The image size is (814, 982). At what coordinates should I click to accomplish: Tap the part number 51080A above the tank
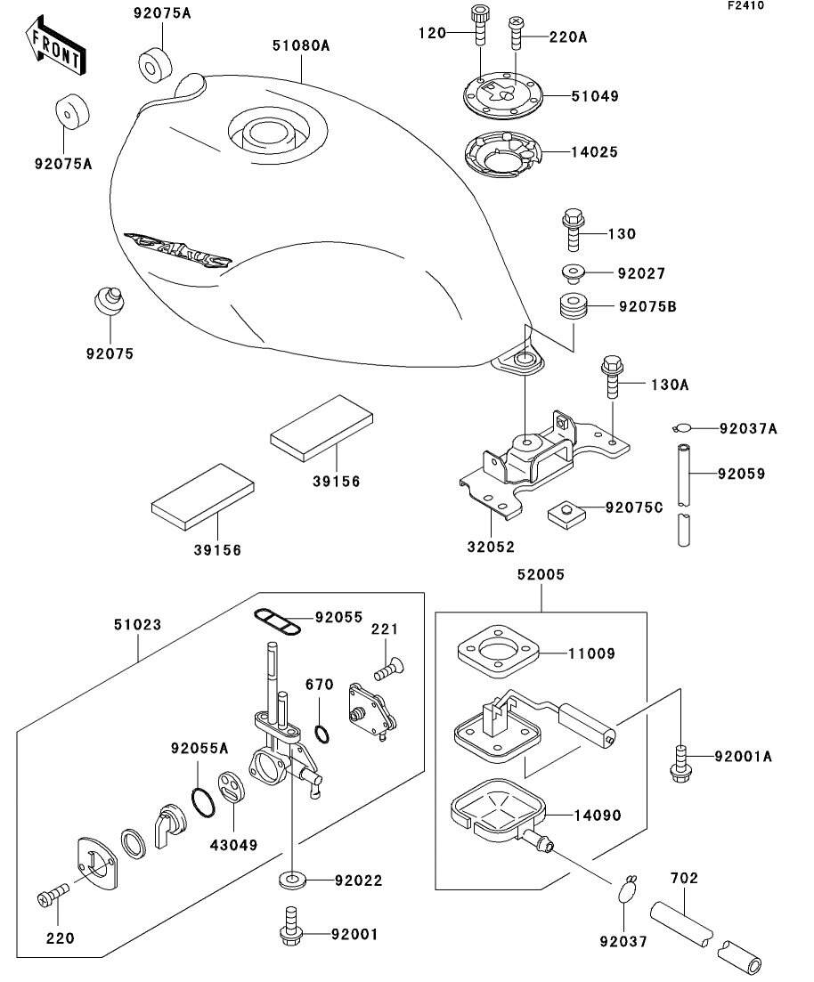pyautogui.click(x=302, y=45)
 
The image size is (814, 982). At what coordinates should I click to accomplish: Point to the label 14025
pyautogui.click(x=594, y=152)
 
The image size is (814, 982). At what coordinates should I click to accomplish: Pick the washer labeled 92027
pyautogui.click(x=573, y=272)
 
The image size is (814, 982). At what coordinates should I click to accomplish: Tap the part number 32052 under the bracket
pyautogui.click(x=490, y=547)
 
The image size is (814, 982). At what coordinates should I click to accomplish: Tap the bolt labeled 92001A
pyautogui.click(x=681, y=759)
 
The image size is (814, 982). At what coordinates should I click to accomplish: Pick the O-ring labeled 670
pyautogui.click(x=324, y=732)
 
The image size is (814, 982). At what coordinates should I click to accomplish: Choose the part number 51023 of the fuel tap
pyautogui.click(x=137, y=625)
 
